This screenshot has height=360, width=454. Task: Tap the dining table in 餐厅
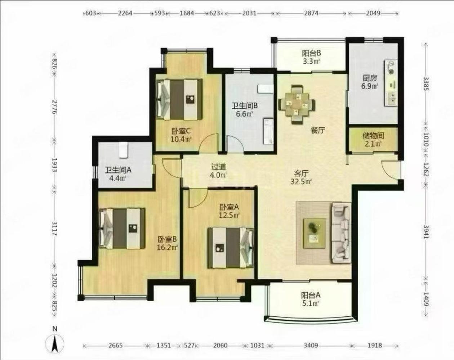coord(297,104)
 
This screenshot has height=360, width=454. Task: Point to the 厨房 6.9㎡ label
coord(370,82)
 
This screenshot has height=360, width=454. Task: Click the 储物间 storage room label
coord(373,140)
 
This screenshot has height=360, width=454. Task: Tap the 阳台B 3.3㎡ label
coord(311,57)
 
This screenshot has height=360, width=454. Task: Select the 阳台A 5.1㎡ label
coord(311,299)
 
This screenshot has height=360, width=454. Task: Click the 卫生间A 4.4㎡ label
coord(118,174)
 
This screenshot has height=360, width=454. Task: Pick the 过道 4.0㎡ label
coord(219,171)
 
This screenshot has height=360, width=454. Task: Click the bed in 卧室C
coord(179,99)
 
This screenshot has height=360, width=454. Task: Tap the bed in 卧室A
coord(231,248)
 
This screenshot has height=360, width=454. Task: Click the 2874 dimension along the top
coord(311,13)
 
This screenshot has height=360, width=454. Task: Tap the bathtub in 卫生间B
coord(268,131)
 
